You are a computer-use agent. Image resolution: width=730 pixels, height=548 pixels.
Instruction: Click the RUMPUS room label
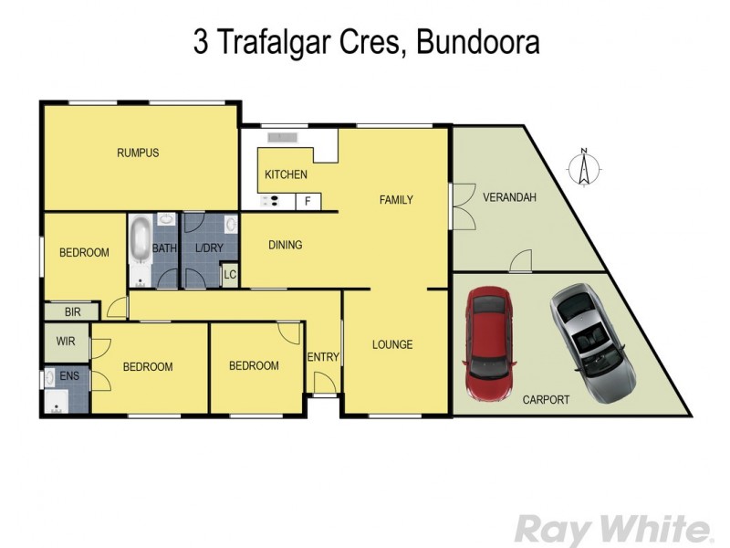[138, 153]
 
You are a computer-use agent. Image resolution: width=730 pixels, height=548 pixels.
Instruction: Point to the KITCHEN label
[286, 174]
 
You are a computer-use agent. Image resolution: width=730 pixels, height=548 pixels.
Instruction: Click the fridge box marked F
[308, 201]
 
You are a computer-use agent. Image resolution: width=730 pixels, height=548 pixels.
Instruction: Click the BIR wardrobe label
[73, 311]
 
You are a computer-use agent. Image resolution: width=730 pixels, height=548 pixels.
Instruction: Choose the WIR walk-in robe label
[66, 342]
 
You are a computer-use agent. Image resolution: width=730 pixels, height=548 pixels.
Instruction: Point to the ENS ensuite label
[68, 375]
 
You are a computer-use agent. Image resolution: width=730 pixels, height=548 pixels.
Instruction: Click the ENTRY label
[323, 357]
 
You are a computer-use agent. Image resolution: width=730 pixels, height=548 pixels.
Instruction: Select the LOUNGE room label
[392, 344]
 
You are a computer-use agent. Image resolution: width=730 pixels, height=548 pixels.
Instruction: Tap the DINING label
[285, 245]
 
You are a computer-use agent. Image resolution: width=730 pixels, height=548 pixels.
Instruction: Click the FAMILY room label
[396, 200]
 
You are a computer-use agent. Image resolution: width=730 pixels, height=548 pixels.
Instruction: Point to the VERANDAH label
[509, 197]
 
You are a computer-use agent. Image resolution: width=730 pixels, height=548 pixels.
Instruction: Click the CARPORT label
[546, 399]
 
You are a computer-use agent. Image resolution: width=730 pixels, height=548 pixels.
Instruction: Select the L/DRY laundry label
[209, 248]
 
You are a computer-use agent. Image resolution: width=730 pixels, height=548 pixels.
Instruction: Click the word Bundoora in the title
[477, 43]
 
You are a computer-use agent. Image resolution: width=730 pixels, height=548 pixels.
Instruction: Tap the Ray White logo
[614, 529]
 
